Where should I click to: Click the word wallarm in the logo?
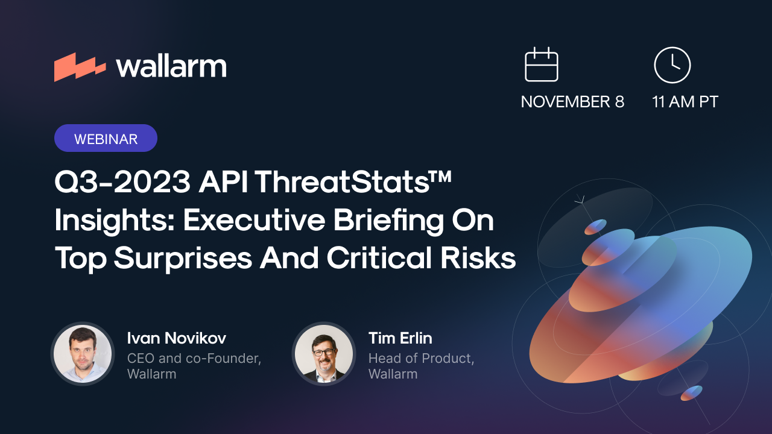point(171,66)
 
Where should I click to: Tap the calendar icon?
point(542,64)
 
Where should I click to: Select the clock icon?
point(672,64)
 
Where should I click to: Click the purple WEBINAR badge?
point(106,139)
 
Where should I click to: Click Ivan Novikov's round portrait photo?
point(83,354)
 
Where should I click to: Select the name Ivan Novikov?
point(176,338)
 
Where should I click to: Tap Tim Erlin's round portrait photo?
point(324,354)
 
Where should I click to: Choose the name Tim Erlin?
point(400,338)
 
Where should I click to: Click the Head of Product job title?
point(420,358)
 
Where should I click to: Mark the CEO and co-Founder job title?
point(194,358)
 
